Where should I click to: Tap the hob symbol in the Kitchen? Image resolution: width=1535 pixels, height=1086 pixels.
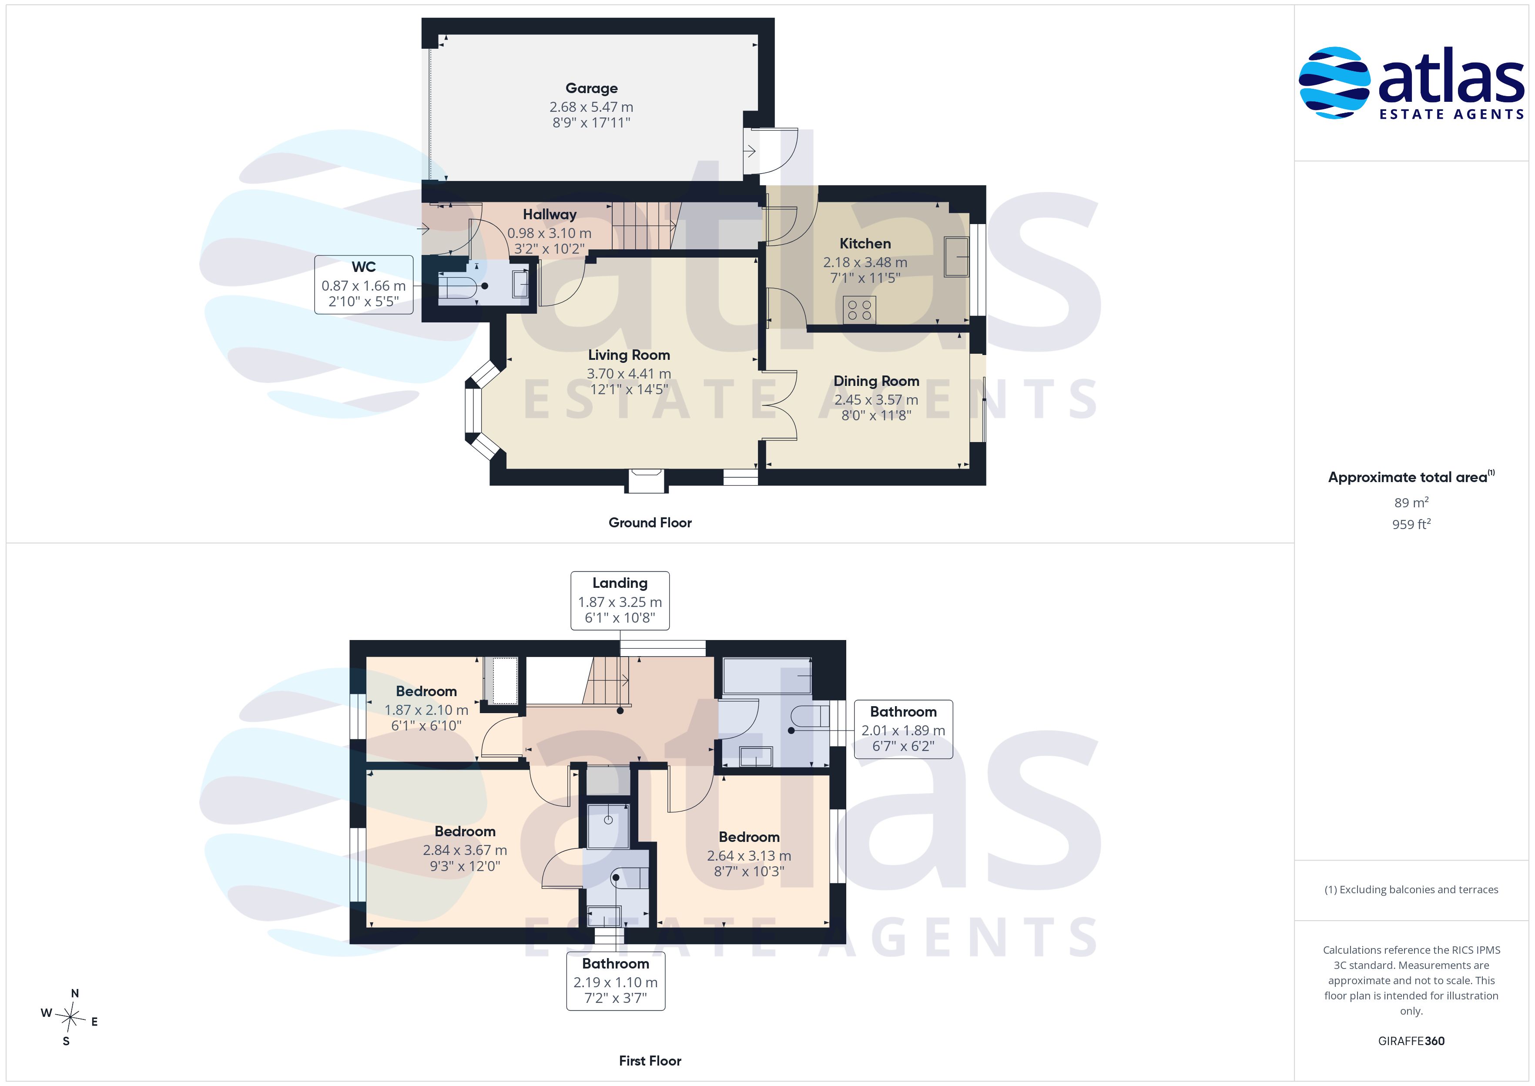click(x=859, y=310)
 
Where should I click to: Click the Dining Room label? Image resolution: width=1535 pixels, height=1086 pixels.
click(x=876, y=381)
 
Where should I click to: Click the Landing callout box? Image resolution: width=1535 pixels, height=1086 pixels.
click(x=620, y=600)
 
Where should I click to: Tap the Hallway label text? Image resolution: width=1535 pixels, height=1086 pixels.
click(x=550, y=215)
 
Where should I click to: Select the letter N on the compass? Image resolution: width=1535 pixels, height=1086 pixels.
click(x=75, y=994)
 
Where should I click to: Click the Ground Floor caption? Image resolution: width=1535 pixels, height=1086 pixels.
click(x=650, y=523)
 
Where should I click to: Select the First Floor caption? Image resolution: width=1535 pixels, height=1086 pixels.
click(x=650, y=1061)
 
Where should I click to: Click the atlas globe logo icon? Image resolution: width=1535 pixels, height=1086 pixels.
click(x=1334, y=83)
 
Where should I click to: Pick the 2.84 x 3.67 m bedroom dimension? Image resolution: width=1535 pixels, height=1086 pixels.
click(x=465, y=850)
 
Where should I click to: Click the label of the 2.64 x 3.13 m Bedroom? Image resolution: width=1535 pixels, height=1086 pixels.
click(x=749, y=837)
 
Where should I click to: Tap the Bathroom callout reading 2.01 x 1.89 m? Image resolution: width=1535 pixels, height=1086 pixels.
click(x=903, y=729)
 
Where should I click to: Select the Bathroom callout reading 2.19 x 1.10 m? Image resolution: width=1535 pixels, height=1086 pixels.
click(x=616, y=981)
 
